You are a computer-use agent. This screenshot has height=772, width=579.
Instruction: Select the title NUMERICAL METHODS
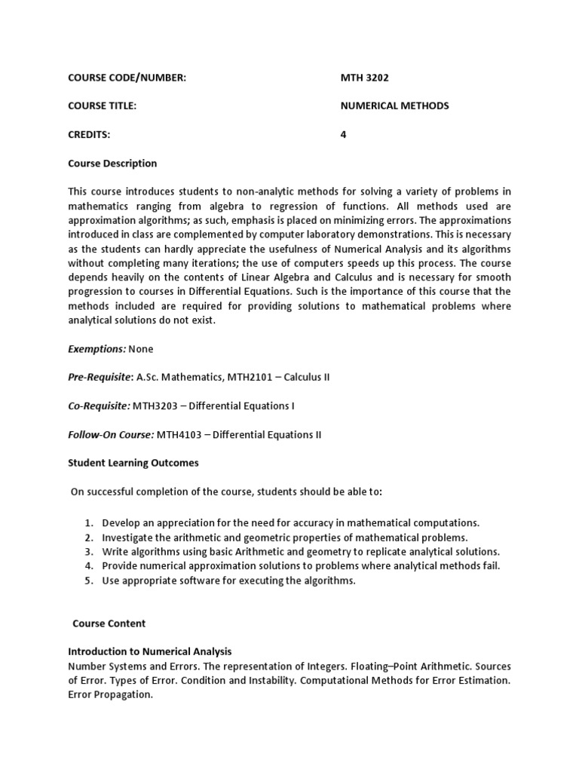[x=394, y=106]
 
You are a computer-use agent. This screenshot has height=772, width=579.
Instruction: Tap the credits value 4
[x=344, y=134]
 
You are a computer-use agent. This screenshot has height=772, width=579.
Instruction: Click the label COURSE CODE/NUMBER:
[x=127, y=77]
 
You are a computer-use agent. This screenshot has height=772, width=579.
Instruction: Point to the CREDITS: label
[x=89, y=134]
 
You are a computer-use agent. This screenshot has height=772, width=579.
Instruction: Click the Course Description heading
[x=112, y=163]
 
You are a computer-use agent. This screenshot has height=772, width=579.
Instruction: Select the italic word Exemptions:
[x=97, y=349]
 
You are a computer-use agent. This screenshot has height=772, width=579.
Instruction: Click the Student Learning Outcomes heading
[x=133, y=463]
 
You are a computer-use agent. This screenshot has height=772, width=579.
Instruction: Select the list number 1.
[x=88, y=522]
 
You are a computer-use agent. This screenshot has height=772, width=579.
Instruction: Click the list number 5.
[x=88, y=581]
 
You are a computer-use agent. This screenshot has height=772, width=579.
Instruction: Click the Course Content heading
[x=109, y=623]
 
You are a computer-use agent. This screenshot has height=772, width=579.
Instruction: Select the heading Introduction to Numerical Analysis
[x=149, y=651]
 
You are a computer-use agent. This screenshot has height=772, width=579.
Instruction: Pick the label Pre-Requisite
[x=100, y=378]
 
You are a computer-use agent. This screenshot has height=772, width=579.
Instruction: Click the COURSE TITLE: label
[x=102, y=106]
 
